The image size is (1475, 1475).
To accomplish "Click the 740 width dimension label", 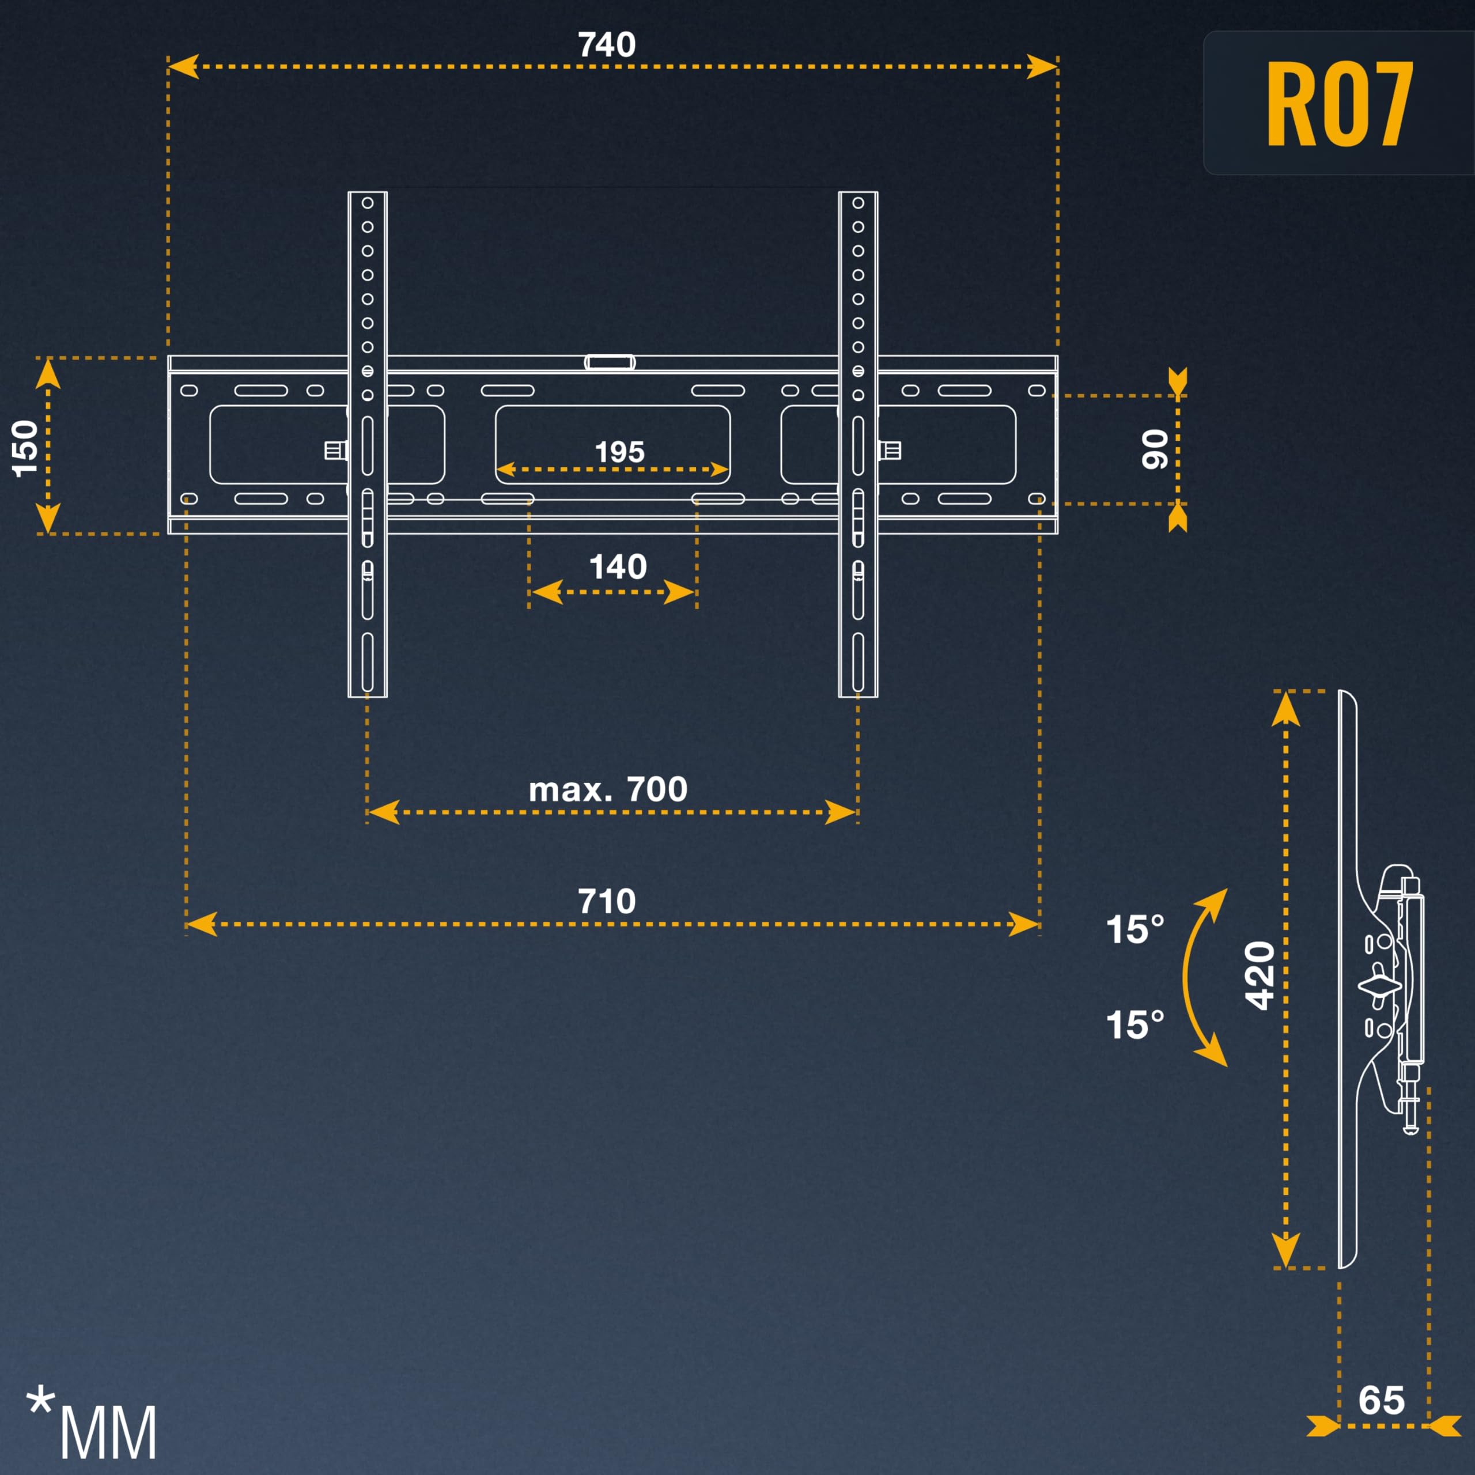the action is tap(606, 45).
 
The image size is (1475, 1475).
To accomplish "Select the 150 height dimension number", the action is tap(26, 448).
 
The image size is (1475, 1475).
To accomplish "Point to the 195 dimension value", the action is tap(619, 452).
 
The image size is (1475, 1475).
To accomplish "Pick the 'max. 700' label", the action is tap(608, 789).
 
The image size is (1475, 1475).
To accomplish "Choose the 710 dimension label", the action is tap(606, 902).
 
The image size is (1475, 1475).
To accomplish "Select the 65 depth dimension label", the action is tap(1381, 1400).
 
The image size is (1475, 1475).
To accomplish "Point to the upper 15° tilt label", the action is tap(1135, 929).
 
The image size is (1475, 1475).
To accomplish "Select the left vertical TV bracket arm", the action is tap(367, 444).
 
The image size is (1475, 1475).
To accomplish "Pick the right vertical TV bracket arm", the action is tap(858, 444).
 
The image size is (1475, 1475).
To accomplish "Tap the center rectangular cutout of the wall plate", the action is tap(612, 444).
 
